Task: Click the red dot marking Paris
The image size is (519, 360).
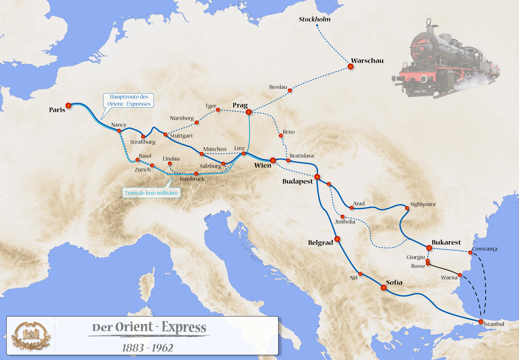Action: point(68,106)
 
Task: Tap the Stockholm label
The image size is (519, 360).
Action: point(314,19)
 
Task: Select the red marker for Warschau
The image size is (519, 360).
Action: point(350,66)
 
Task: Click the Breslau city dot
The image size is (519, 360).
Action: point(290,90)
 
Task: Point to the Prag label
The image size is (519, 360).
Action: point(240,105)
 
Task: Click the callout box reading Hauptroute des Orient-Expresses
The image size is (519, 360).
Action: point(129,100)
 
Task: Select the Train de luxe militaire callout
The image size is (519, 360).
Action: point(151,193)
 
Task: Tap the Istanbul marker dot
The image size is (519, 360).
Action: point(481,322)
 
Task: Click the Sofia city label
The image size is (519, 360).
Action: point(394,282)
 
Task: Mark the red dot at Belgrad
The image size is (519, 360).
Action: point(337,239)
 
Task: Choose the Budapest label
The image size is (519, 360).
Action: point(297,181)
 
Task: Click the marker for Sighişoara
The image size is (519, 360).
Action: point(407,208)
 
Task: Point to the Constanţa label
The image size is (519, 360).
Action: point(484,249)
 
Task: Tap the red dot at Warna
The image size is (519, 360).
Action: point(460,275)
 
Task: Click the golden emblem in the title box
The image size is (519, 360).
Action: point(31,336)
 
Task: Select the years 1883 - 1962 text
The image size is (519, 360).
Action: point(147,348)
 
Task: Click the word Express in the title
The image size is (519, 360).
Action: point(184,327)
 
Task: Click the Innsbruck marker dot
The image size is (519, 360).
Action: point(196,174)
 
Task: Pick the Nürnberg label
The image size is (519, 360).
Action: point(182,118)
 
